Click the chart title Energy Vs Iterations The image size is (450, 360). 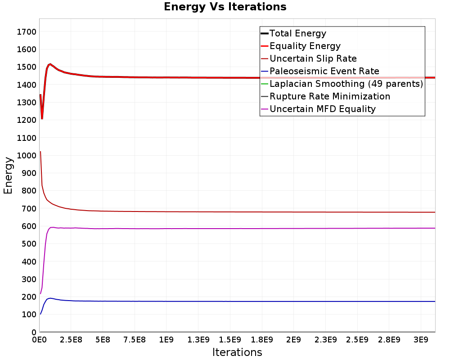[225, 7]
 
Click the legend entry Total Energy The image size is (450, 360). [297, 33]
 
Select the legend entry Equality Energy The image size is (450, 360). [305, 46]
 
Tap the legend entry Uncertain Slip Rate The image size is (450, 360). [313, 58]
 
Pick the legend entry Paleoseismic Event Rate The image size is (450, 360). [324, 71]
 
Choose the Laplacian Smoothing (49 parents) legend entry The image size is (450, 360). [346, 84]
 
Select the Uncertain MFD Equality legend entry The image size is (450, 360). [322, 109]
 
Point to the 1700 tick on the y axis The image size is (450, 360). [27, 32]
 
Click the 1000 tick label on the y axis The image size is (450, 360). [27, 155]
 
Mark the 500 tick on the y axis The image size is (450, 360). [30, 243]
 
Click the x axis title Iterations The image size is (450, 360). [237, 352]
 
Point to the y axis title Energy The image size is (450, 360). [8, 175]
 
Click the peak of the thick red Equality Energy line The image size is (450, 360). [50, 64]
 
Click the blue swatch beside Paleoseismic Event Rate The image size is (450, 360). [264, 71]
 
